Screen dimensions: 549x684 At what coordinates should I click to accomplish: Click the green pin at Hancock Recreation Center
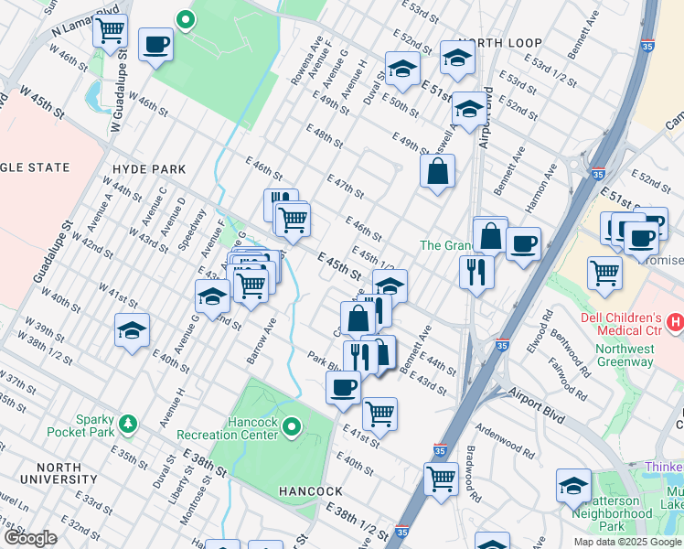tap(292, 426)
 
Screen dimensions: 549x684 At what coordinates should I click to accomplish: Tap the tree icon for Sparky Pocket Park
tap(129, 424)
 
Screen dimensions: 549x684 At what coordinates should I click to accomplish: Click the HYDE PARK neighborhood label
tap(149, 169)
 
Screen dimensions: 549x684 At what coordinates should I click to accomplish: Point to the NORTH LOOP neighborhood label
tap(501, 43)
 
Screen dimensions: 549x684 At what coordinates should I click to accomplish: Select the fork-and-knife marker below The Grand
tap(476, 271)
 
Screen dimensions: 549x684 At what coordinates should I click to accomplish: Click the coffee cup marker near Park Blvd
tap(344, 388)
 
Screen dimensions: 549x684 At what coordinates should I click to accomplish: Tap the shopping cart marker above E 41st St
tap(379, 413)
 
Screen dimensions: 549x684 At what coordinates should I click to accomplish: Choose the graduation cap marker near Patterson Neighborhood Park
tap(573, 485)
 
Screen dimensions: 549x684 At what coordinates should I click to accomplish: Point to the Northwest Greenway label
tap(625, 355)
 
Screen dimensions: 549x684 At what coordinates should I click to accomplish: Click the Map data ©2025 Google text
tap(628, 542)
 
